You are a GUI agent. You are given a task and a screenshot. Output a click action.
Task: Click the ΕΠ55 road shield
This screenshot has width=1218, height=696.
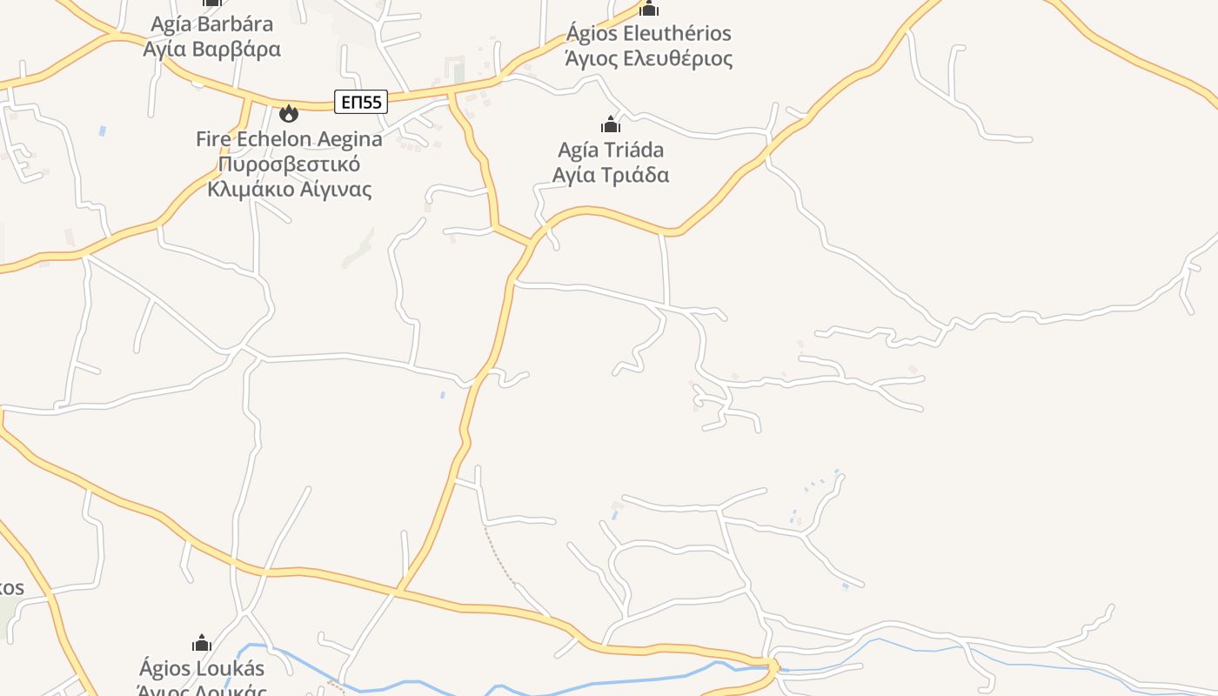tap(361, 102)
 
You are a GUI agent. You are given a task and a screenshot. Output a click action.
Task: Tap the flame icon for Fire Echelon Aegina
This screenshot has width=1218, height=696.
tap(288, 113)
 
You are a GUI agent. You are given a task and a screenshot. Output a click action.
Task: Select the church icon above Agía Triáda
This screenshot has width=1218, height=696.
tap(611, 124)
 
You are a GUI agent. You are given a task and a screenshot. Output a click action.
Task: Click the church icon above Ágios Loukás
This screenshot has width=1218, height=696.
tap(202, 644)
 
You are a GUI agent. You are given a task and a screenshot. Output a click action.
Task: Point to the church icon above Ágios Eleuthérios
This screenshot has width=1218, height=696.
tap(648, 9)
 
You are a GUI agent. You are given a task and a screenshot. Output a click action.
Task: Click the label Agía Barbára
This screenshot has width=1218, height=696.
tap(211, 23)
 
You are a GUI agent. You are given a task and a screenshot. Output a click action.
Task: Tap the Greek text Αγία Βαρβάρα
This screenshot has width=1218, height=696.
tap(211, 49)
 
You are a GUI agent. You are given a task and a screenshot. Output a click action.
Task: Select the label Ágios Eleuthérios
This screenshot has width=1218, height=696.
tap(648, 34)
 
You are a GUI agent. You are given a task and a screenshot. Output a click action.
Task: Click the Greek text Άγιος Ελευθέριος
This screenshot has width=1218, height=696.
tap(648, 58)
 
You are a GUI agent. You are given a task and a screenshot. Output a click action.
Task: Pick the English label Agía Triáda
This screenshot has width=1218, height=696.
tap(611, 150)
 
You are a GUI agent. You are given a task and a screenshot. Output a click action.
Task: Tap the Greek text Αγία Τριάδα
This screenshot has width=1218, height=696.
tap(611, 175)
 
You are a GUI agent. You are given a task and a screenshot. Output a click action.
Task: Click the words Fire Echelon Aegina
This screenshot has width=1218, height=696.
tap(289, 139)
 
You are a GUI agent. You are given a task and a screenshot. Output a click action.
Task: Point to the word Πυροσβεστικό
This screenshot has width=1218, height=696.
tap(289, 164)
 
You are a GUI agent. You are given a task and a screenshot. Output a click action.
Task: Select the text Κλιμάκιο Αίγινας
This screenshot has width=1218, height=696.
tap(289, 189)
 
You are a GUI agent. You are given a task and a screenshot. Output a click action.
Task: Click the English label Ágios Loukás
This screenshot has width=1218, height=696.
tap(202, 668)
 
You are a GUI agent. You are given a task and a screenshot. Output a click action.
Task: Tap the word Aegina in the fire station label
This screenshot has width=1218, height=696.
tap(350, 139)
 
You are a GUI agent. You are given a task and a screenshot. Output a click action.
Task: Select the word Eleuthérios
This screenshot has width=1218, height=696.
tap(674, 34)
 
